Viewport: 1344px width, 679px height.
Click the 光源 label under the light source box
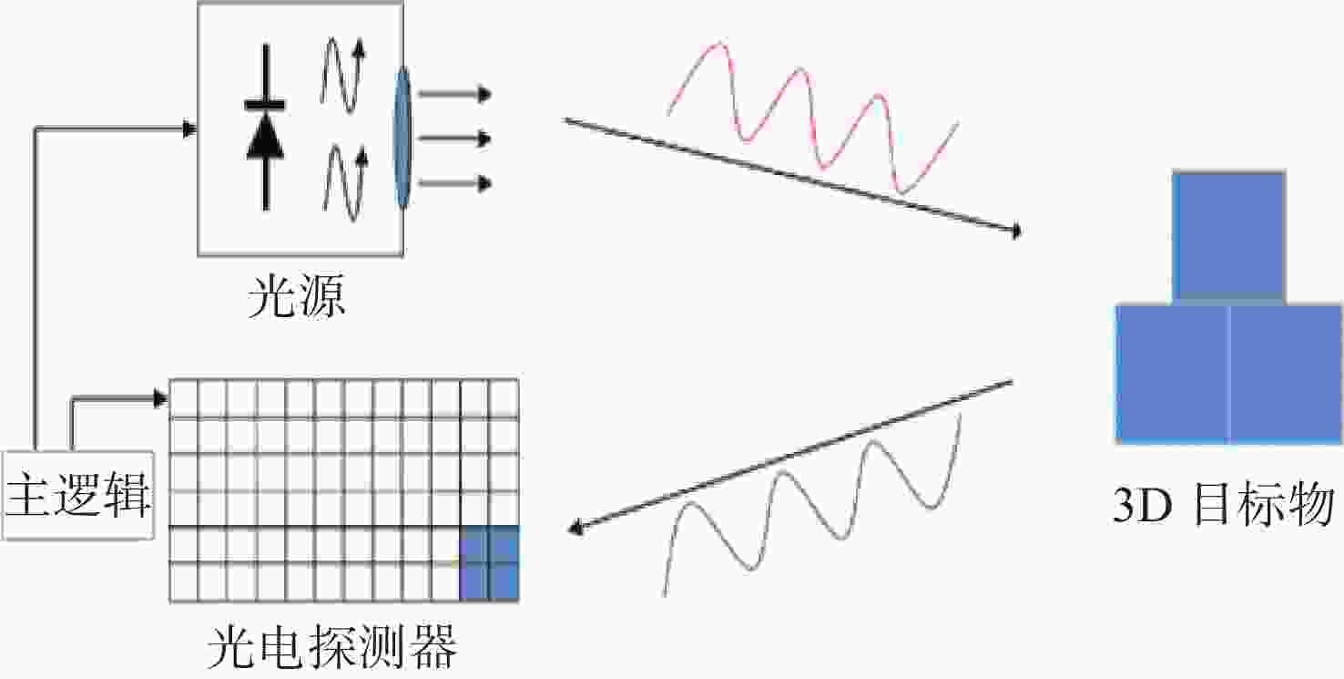coord(297,296)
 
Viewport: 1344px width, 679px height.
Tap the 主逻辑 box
coord(78,495)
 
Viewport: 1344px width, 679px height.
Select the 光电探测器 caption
coord(331,647)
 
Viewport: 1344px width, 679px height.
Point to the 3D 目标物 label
coord(1224,505)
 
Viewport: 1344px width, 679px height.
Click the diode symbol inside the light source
coord(265,128)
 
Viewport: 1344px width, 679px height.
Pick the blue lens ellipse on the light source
coord(402,138)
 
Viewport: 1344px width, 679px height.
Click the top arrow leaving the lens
coord(454,94)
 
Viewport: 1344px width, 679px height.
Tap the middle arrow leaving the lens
coord(454,139)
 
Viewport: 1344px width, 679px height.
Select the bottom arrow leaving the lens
coord(454,183)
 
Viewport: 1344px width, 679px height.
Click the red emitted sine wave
coord(813,118)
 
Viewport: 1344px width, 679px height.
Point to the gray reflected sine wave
coord(812,504)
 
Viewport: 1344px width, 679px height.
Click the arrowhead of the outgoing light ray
coord(1016,231)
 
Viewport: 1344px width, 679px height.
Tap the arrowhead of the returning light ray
coord(575,528)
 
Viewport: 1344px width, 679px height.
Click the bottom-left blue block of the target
coord(1173,375)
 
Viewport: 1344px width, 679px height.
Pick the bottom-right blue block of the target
coord(1286,375)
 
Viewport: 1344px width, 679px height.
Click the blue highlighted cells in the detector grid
coord(489,563)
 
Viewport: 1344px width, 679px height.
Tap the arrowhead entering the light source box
coord(190,129)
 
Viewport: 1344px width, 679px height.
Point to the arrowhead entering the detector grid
coord(161,398)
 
